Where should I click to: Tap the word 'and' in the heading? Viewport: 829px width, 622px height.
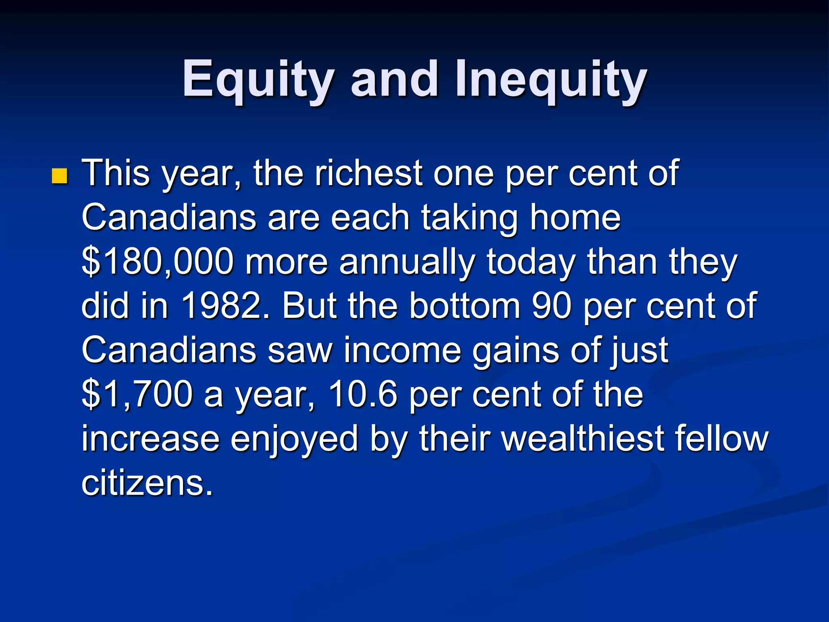pyautogui.click(x=394, y=79)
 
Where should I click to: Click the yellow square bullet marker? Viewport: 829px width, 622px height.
pyautogui.click(x=60, y=176)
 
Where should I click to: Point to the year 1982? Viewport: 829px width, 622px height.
pyautogui.click(x=225, y=306)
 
